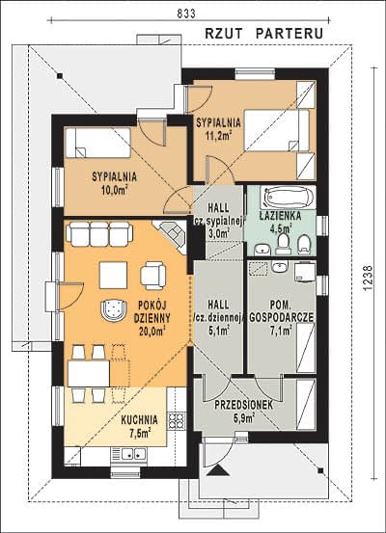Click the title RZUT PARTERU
(x=263, y=34)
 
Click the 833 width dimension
(x=186, y=13)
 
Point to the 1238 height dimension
(x=368, y=278)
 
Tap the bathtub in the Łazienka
(x=288, y=197)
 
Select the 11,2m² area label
(x=218, y=135)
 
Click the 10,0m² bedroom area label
(x=115, y=190)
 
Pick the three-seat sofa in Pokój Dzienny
(x=99, y=233)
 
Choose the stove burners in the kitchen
(x=177, y=421)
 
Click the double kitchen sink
(x=129, y=453)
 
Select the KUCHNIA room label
(x=140, y=420)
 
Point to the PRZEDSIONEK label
(x=244, y=405)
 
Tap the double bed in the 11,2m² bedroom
(x=277, y=130)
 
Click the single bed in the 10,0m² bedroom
(x=97, y=143)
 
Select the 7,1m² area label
(x=281, y=330)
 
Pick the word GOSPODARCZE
(x=282, y=317)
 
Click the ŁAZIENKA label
(x=280, y=216)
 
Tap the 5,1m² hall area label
(x=218, y=330)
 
